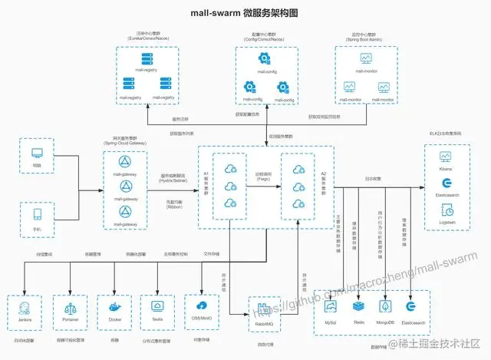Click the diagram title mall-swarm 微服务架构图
(x=245, y=13)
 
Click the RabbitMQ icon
(x=265, y=310)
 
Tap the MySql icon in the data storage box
(x=331, y=306)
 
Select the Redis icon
(x=358, y=306)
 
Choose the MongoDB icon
(x=386, y=306)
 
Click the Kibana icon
(x=447, y=157)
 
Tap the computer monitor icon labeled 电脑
(x=35, y=154)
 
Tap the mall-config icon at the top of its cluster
(x=263, y=58)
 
